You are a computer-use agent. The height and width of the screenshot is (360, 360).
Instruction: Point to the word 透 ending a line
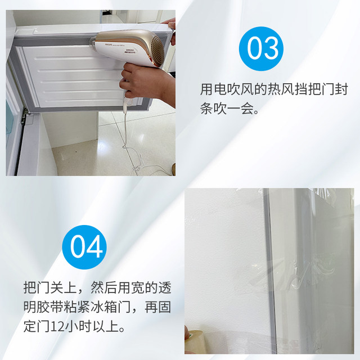[x=164, y=287]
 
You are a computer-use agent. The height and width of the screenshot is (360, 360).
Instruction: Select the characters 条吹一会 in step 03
[x=229, y=109]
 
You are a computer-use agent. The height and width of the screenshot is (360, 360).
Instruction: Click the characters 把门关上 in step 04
[x=51, y=287]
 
